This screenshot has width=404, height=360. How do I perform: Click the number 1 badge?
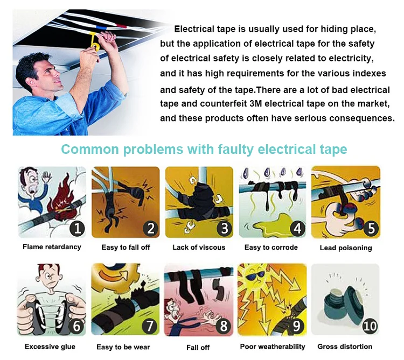(77, 228)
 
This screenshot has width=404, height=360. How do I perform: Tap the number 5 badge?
(371, 228)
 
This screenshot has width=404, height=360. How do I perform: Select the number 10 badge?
(370, 326)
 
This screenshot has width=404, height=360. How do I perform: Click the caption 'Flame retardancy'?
(52, 247)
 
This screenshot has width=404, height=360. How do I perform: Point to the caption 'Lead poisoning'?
(346, 248)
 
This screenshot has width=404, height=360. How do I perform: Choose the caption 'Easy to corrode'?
(271, 248)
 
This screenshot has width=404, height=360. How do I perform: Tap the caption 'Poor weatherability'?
(273, 347)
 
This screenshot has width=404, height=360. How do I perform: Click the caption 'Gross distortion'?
(345, 347)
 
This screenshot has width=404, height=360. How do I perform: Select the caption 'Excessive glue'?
(50, 347)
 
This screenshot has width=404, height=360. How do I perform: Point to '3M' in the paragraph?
(256, 104)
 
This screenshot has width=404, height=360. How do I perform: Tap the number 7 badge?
(149, 326)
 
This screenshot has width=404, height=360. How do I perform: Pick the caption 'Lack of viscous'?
(199, 248)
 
